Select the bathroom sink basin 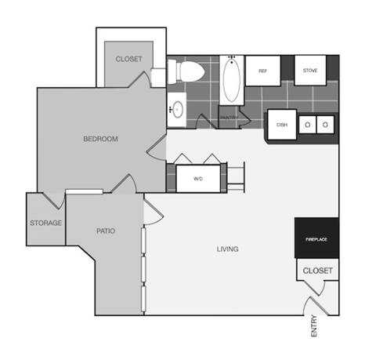point(178,110)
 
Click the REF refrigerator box point(264,71)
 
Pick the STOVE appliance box point(309,71)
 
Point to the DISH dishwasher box point(280,124)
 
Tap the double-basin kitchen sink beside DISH point(316,124)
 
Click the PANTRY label point(229,118)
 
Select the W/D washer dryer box point(197,178)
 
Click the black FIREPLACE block point(316,238)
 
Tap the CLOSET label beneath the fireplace point(317,271)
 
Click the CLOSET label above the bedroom point(128,60)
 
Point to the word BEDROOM point(100,140)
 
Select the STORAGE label point(46,223)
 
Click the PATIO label point(106,231)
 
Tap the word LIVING point(227,249)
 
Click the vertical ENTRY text point(315,326)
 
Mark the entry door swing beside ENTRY point(313,306)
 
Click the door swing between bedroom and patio point(124,185)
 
